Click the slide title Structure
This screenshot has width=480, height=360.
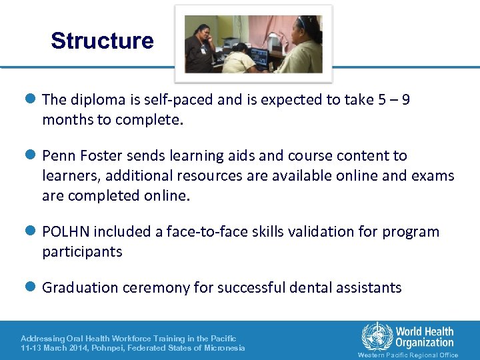(102, 41)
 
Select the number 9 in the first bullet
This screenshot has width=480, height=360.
(406, 100)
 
